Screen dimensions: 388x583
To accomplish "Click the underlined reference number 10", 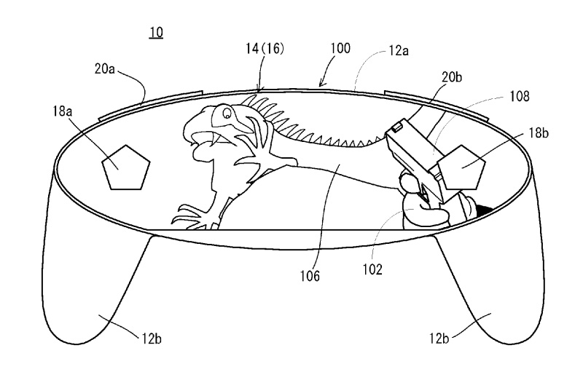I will (156, 32).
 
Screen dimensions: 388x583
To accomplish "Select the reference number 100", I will (340, 49).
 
